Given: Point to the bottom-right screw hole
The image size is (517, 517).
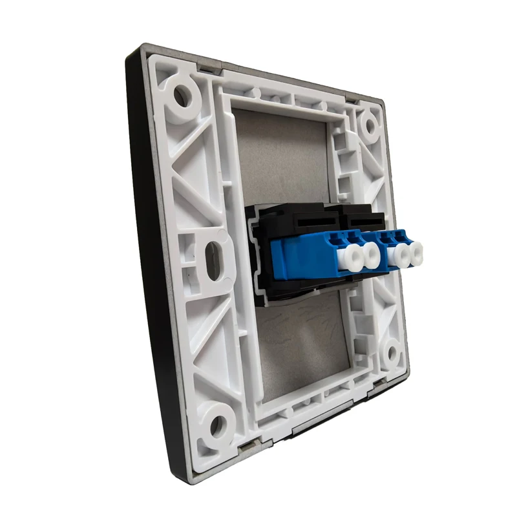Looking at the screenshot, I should (391, 354).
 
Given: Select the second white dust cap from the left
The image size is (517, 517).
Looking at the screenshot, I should (373, 257).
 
